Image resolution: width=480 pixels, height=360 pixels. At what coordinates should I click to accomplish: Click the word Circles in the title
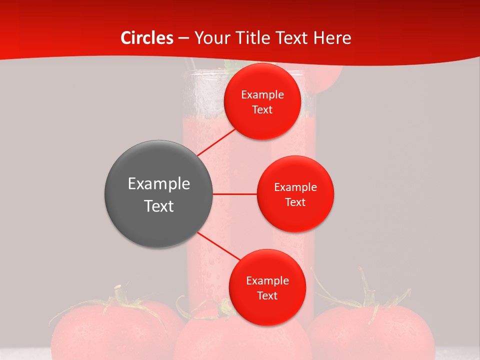click(x=146, y=38)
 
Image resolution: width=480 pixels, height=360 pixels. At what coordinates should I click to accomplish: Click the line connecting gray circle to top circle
click(x=216, y=142)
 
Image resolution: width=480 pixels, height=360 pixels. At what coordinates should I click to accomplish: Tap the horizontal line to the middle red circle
click(x=234, y=194)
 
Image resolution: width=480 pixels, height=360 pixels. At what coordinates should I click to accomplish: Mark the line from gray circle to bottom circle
click(x=218, y=246)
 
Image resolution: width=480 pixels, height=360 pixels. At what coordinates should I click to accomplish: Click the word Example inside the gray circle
click(x=158, y=184)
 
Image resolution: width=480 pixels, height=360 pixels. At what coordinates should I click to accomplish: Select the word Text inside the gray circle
click(x=158, y=206)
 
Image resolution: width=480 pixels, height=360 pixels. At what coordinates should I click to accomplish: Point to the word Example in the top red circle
click(x=262, y=95)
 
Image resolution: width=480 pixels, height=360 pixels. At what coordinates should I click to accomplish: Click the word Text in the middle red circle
click(x=295, y=202)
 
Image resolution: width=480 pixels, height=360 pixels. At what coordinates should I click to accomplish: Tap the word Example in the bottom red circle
click(x=267, y=281)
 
